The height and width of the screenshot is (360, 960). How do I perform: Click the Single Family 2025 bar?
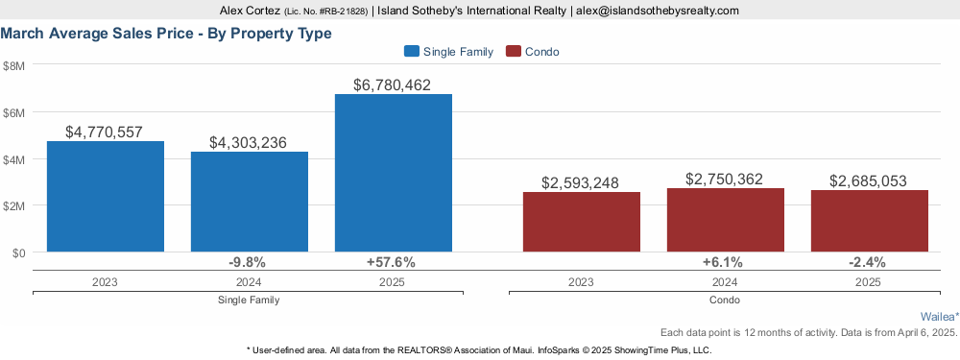pyautogui.click(x=393, y=173)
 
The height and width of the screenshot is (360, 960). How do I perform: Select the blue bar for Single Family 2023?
pyautogui.click(x=106, y=197)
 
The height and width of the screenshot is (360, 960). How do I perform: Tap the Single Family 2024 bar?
pyautogui.click(x=250, y=202)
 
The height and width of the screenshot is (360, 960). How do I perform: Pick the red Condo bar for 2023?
pyautogui.click(x=581, y=222)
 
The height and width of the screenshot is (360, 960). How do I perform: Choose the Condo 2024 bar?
pyautogui.click(x=726, y=220)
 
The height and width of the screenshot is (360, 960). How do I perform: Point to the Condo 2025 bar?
pyautogui.click(x=870, y=221)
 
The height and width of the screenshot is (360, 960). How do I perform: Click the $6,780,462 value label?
pyautogui.click(x=392, y=85)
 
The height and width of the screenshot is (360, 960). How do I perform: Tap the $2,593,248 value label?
pyautogui.click(x=581, y=182)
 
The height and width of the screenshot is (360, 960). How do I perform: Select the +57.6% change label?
pyautogui.click(x=392, y=263)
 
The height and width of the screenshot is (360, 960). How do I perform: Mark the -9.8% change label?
pyautogui.click(x=248, y=263)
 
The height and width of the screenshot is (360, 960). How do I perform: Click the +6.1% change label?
pyautogui.click(x=724, y=263)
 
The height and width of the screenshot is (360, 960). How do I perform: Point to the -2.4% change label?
pyautogui.click(x=868, y=263)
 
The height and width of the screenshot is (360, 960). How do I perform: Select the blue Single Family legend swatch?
pyautogui.click(x=412, y=52)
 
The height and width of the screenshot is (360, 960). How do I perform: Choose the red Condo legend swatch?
pyautogui.click(x=513, y=52)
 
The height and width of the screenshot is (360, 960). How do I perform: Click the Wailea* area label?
pyautogui.click(x=940, y=317)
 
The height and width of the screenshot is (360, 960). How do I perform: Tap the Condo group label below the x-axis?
pyautogui.click(x=725, y=300)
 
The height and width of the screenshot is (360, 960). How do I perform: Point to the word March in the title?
pyautogui.click(x=22, y=34)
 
